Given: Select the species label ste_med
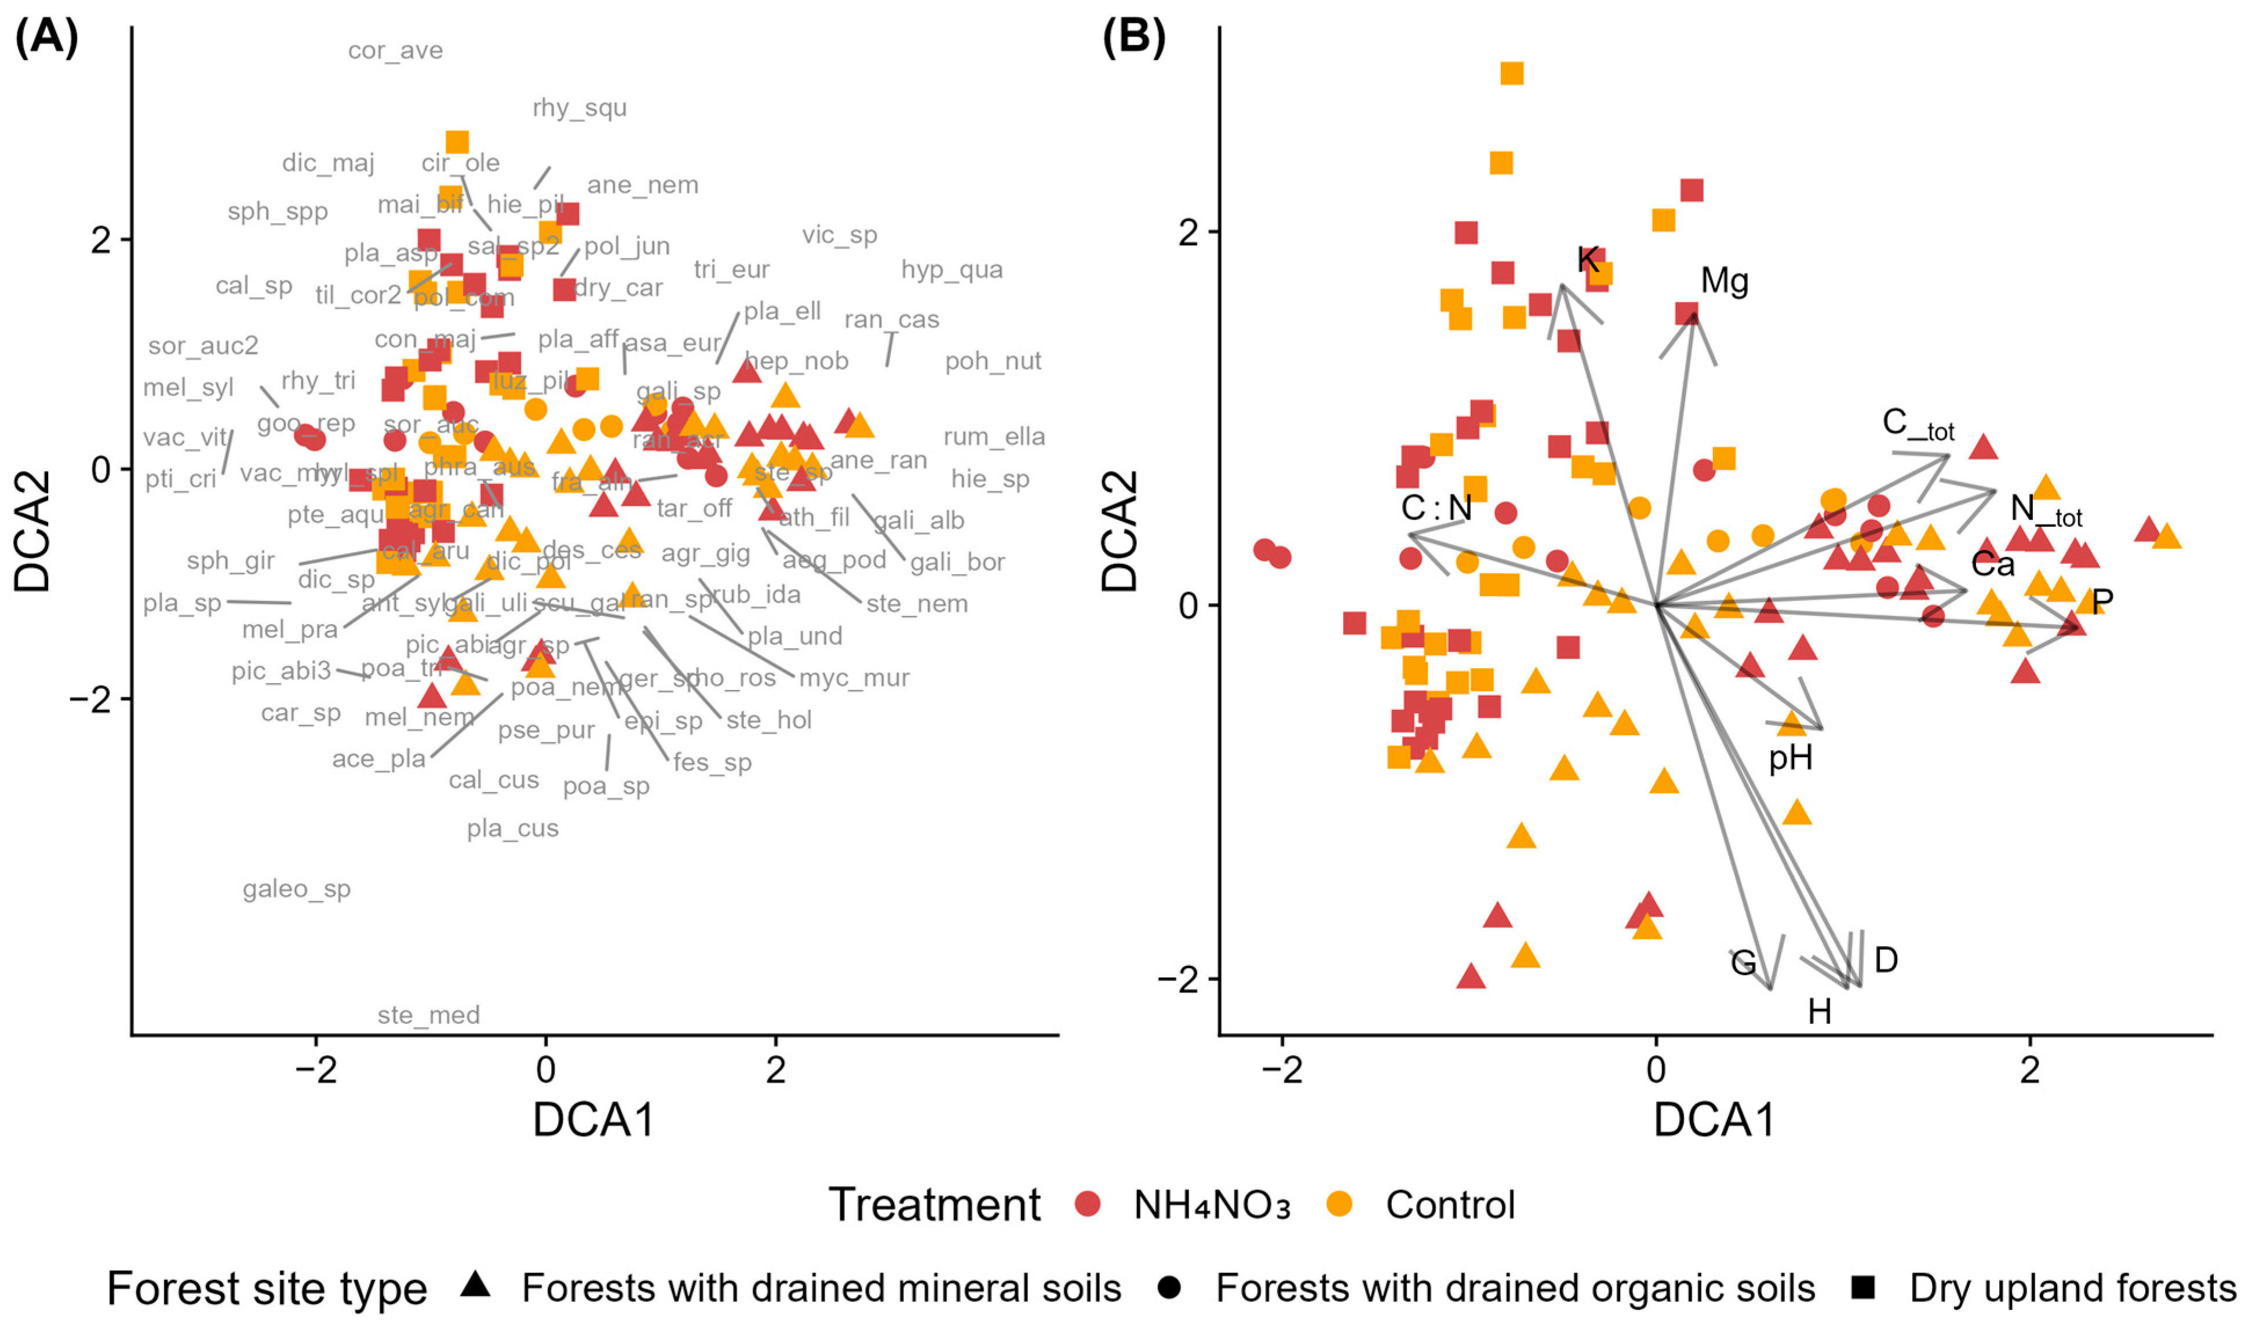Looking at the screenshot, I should point(429,1015).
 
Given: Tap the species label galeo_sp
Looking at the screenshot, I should point(296,889).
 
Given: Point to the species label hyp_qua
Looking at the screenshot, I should point(952,269).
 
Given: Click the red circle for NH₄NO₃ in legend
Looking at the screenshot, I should point(1087,1205).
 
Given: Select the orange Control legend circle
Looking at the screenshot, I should point(1339,1205).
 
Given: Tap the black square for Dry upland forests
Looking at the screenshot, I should point(1863,1287).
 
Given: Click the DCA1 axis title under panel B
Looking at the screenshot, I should point(1713,1119).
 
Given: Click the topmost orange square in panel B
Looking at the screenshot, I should point(1511,74).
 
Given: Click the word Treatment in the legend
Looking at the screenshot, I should point(934,1205).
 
